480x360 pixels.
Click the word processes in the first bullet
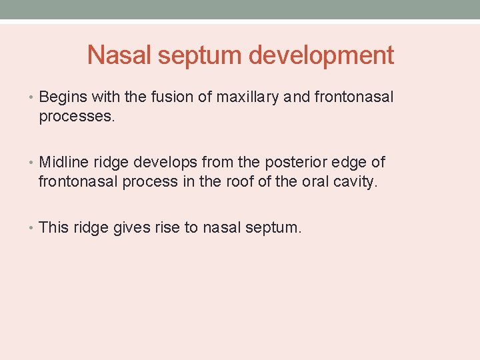(x=77, y=117)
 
